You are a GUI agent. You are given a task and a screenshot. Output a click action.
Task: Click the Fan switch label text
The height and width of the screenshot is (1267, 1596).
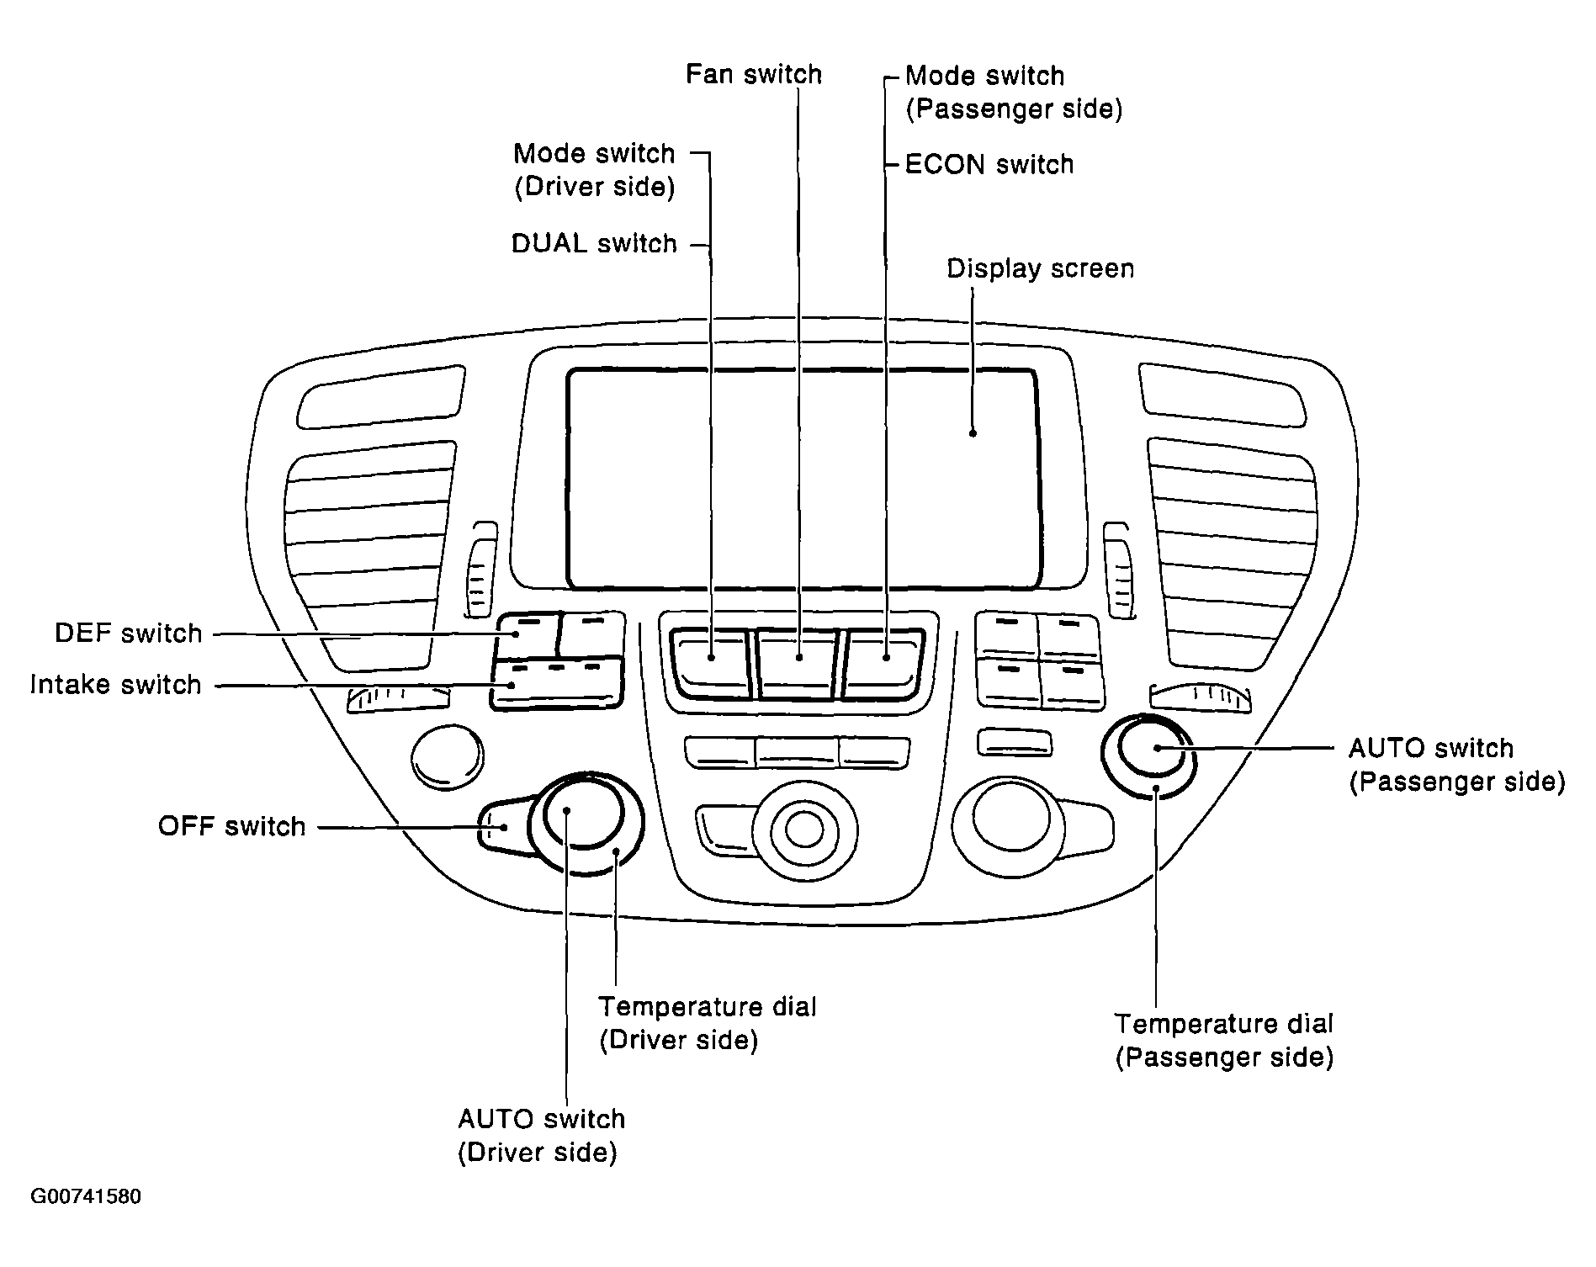pyautogui.click(x=754, y=74)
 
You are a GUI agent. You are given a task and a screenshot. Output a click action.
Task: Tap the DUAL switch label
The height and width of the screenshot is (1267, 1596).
pyautogui.click(x=594, y=243)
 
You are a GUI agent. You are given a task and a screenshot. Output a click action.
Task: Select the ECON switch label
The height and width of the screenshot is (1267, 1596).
pyautogui.click(x=989, y=164)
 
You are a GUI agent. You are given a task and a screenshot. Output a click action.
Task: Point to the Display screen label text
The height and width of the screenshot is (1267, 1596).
pyautogui.click(x=1041, y=268)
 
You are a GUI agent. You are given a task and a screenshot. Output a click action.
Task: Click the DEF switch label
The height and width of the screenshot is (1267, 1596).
pyautogui.click(x=129, y=633)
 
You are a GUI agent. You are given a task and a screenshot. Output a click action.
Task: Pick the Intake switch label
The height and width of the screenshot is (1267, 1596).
pyautogui.click(x=116, y=684)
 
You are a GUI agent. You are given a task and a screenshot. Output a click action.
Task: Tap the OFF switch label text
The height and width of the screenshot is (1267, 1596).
pyautogui.click(x=232, y=826)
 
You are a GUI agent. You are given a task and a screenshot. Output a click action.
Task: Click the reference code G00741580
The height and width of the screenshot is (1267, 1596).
pyautogui.click(x=86, y=1196)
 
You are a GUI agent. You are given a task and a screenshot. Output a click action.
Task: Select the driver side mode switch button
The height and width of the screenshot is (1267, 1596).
pyautogui.click(x=711, y=663)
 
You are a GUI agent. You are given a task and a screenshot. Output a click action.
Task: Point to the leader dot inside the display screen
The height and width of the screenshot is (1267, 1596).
pyautogui.click(x=973, y=433)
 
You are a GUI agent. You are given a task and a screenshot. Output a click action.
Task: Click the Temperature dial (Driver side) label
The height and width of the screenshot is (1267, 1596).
pyautogui.click(x=707, y=1023)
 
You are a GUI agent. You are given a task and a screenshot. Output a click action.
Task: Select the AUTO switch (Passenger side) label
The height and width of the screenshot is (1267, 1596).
pyautogui.click(x=1456, y=765)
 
